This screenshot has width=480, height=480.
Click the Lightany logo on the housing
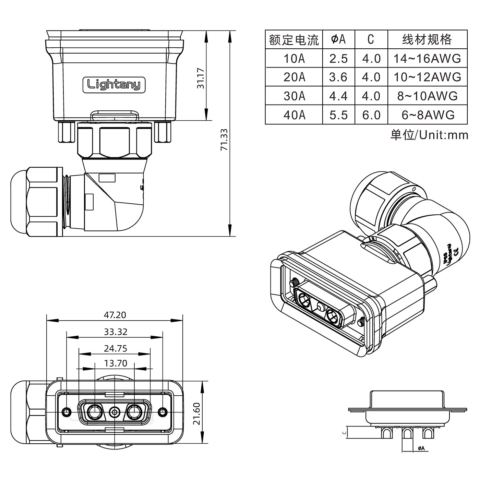pyautogui.click(x=114, y=84)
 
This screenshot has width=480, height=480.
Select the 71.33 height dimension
pyautogui.click(x=224, y=140)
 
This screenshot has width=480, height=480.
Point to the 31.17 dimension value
pyautogui.click(x=201, y=79)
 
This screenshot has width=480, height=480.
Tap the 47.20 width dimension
pyautogui.click(x=115, y=315)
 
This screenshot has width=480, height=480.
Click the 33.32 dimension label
pyautogui.click(x=116, y=332)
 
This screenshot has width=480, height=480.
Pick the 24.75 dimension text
pyautogui.click(x=116, y=349)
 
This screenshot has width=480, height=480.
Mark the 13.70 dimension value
pyautogui.click(x=116, y=363)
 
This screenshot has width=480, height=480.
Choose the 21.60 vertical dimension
pyautogui.click(x=197, y=413)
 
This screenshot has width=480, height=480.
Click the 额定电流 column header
pyautogui.click(x=294, y=40)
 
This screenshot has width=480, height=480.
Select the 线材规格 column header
pyautogui.click(x=427, y=40)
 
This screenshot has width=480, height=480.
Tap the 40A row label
pyautogui.click(x=294, y=115)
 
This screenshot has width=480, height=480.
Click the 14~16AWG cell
pyautogui.click(x=427, y=59)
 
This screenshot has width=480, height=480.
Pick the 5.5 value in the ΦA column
pyautogui.click(x=338, y=115)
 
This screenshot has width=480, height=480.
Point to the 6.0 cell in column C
pyautogui.click(x=371, y=115)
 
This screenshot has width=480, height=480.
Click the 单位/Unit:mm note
pyautogui.click(x=429, y=135)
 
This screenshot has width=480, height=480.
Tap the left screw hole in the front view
pyautogui.click(x=65, y=411)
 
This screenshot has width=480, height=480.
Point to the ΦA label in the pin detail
pyautogui.click(x=421, y=448)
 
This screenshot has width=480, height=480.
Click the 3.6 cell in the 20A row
pyautogui.click(x=338, y=77)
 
